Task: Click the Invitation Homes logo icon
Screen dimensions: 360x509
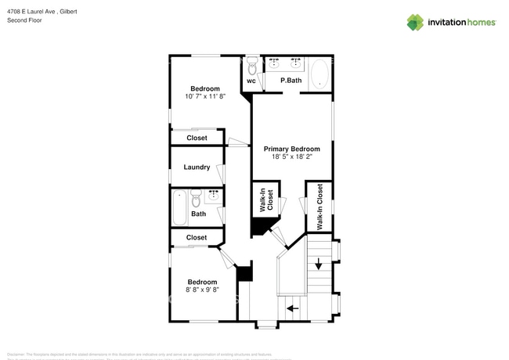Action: pyautogui.click(x=415, y=23)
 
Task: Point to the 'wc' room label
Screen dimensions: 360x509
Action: pyautogui.click(x=251, y=81)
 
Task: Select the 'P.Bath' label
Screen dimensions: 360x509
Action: pyautogui.click(x=291, y=81)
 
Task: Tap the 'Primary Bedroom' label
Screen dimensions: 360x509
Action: pyautogui.click(x=291, y=149)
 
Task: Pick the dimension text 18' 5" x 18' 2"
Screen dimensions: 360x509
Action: pyautogui.click(x=291, y=157)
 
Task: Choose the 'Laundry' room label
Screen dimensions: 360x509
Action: pyautogui.click(x=197, y=167)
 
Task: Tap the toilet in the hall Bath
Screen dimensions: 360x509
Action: pyautogui.click(x=197, y=196)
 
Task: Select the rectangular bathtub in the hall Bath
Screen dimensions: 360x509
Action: pyautogui.click(x=179, y=206)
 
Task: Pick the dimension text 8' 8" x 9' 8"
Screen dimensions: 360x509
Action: pyautogui.click(x=202, y=290)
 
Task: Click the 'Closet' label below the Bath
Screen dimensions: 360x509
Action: pyautogui.click(x=197, y=237)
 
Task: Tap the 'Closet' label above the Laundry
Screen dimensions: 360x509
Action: pyautogui.click(x=197, y=138)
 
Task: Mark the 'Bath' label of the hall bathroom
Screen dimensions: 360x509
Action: pyautogui.click(x=199, y=214)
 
